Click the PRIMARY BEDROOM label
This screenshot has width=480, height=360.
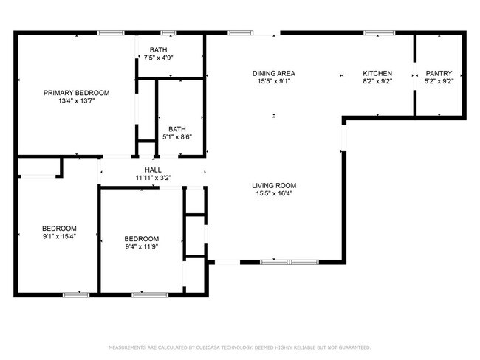[76, 92]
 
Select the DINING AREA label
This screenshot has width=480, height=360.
[274, 73]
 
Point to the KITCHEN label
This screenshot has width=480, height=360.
[377, 73]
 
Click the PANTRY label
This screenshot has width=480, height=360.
[438, 73]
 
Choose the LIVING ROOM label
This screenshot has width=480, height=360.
[274, 185]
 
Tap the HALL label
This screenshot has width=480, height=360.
[153, 169]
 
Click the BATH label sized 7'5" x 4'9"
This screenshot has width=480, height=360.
[158, 49]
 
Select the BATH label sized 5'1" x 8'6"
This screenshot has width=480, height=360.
[177, 128]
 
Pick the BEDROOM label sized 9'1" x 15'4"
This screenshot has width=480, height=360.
[58, 229]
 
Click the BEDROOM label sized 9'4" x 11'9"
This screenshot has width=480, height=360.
[141, 238]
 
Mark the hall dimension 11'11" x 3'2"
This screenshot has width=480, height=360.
[153, 177]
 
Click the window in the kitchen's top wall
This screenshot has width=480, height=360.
[379, 32]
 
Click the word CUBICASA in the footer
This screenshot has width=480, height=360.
[210, 347]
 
